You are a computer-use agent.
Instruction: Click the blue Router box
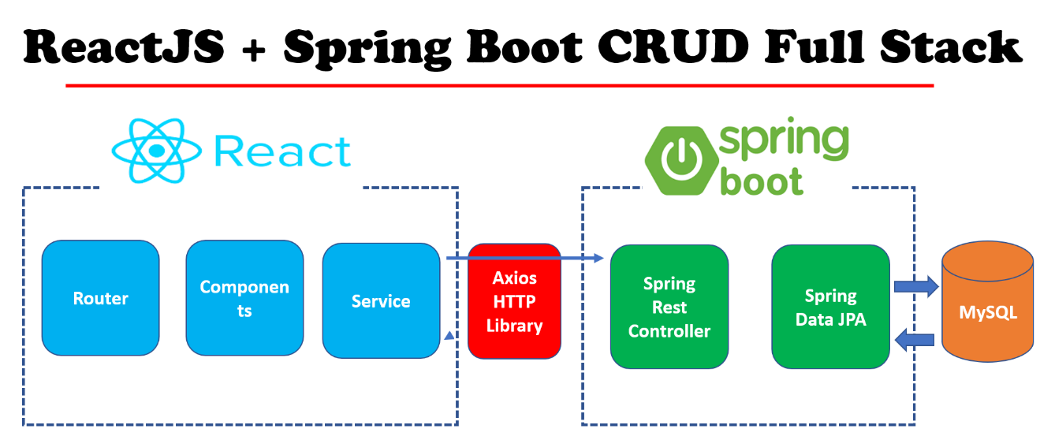pyautogui.click(x=100, y=298)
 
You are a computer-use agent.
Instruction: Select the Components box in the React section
pyautogui.click(x=244, y=298)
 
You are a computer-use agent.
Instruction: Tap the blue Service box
pyautogui.click(x=381, y=300)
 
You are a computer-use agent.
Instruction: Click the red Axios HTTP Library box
pyautogui.click(x=514, y=301)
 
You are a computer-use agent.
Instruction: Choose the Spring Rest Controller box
pyautogui.click(x=669, y=307)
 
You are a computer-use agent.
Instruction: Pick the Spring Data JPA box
pyautogui.click(x=830, y=307)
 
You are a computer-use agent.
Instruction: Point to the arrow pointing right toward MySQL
pyautogui.click(x=915, y=285)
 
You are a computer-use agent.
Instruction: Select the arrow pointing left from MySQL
pyautogui.click(x=915, y=339)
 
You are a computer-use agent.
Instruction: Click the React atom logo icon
pyautogui.click(x=158, y=150)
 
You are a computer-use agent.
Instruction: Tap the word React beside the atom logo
pyautogui.click(x=282, y=151)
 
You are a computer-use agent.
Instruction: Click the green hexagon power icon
pyautogui.click(x=677, y=158)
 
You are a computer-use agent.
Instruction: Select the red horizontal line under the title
pyautogui.click(x=499, y=85)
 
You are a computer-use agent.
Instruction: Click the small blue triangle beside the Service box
pyautogui.click(x=449, y=337)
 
